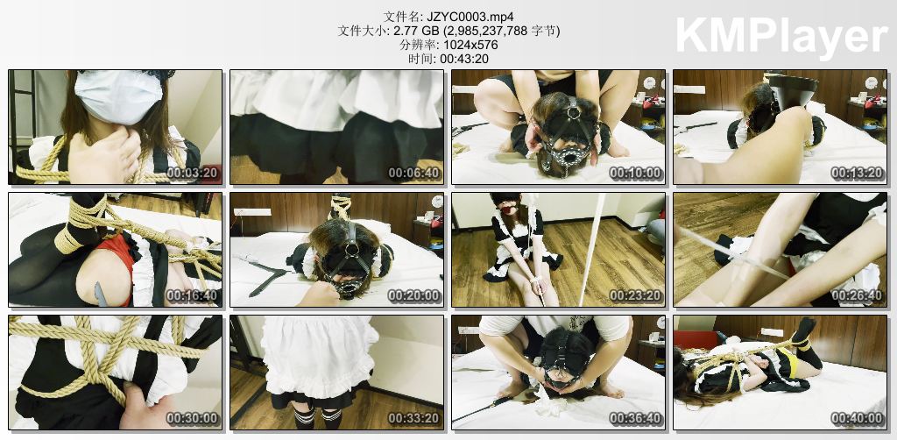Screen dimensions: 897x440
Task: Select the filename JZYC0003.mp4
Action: [x=463, y=16]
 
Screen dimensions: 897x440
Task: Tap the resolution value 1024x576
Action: [x=470, y=45]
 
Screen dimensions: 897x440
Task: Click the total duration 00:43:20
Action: [x=464, y=59]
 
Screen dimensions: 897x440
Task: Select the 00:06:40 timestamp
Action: [x=414, y=174]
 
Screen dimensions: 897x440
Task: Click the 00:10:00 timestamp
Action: [x=636, y=174]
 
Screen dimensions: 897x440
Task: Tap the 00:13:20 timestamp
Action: [x=857, y=174]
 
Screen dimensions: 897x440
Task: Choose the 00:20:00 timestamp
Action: [x=414, y=295]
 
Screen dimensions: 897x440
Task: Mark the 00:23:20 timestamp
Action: [x=636, y=295]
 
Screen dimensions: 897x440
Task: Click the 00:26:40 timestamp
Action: [x=857, y=295]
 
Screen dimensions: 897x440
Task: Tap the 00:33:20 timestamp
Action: [x=414, y=419]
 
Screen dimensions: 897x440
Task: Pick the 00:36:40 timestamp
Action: [x=636, y=419]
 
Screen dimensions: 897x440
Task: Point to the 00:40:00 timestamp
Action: [x=857, y=419]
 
